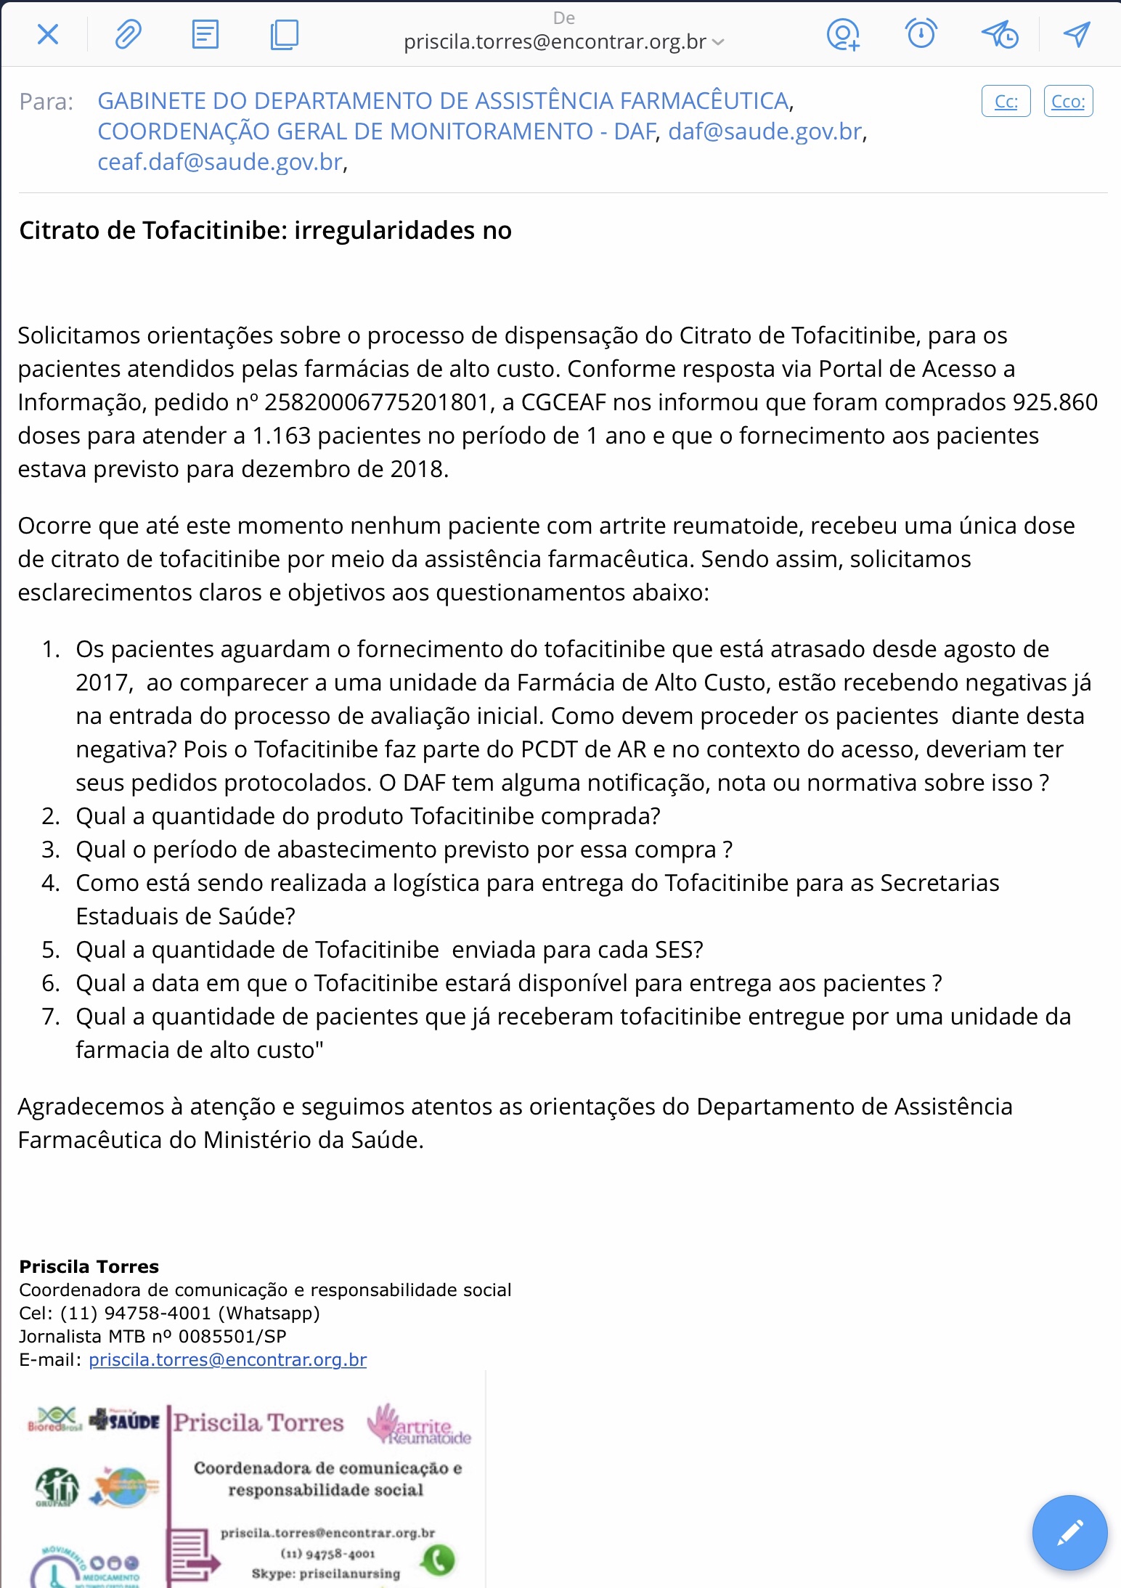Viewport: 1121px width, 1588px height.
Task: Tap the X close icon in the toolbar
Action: [48, 34]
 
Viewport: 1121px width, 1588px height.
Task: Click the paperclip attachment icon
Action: [128, 34]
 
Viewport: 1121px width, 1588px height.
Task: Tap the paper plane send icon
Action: [1077, 33]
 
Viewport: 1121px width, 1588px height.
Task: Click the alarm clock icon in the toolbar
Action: [921, 33]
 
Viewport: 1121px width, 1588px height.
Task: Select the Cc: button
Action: [1006, 102]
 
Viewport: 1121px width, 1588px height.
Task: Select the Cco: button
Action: [1068, 102]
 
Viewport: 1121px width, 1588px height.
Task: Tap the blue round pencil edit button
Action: [1069, 1533]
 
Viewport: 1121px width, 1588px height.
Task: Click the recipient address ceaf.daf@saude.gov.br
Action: [220, 162]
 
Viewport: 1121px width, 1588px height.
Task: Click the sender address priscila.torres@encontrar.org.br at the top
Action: [555, 42]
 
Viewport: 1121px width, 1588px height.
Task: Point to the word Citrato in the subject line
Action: [60, 230]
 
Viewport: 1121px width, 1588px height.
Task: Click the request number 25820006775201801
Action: [375, 402]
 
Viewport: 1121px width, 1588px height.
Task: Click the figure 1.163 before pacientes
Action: [281, 436]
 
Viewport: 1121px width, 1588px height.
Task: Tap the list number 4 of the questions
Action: [50, 883]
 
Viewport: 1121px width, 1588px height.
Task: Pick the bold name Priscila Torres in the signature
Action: [89, 1266]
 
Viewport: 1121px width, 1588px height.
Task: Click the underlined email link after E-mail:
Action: [227, 1359]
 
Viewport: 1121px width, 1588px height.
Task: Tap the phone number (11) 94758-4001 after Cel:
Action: [136, 1313]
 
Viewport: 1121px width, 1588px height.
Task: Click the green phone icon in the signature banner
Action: [439, 1560]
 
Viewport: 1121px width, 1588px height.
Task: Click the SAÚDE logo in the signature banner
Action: [125, 1420]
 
